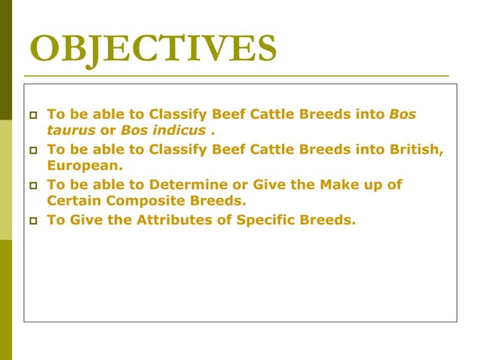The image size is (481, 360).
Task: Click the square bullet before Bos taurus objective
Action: (x=32, y=116)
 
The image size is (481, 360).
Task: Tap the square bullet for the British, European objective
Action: (x=32, y=150)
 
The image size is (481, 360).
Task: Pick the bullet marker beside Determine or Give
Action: (x=32, y=185)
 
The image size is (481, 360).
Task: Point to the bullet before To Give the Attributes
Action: (x=32, y=221)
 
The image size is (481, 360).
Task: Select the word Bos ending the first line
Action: (x=402, y=114)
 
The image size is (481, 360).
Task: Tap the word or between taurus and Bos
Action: (x=105, y=130)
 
